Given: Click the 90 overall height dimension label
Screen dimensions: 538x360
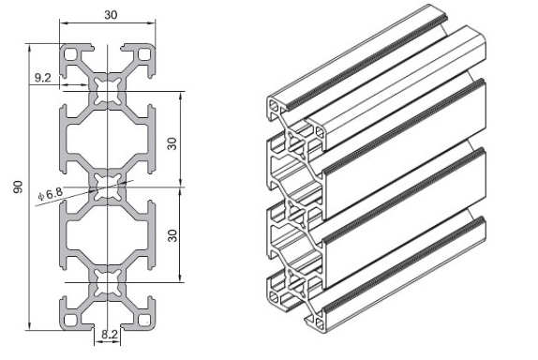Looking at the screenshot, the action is pos(18,187).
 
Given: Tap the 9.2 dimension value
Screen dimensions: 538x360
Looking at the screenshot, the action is pos(43,78).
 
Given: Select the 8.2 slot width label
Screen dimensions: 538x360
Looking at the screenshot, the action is pos(110,334).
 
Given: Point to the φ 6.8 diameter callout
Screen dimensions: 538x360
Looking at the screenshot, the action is pos(51,194).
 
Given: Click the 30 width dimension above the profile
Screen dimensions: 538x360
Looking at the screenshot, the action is pos(111,15).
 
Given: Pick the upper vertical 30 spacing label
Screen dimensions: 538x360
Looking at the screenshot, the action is pos(172,143).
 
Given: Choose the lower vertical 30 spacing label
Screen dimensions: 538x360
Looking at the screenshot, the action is pos(172,235).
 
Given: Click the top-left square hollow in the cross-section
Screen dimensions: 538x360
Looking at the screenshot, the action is pos(71,54).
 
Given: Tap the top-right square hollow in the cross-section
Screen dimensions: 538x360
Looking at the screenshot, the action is pos(143,54).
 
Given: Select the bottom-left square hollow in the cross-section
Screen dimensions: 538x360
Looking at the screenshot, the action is pos(71,320).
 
